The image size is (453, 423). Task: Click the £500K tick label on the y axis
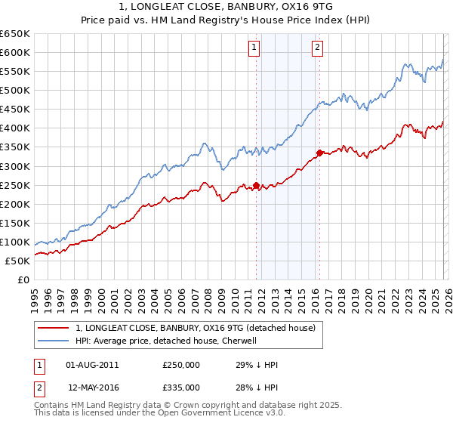[x=15, y=91]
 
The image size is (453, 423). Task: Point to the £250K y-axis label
[x=15, y=185]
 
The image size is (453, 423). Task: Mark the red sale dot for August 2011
[x=256, y=185]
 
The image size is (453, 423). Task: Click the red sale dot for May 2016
[x=319, y=153]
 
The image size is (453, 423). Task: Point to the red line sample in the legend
[x=54, y=328]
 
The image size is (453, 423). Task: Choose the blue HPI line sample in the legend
[x=54, y=341]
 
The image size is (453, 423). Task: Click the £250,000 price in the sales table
[x=181, y=366]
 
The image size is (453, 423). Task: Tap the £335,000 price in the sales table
[x=181, y=387]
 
